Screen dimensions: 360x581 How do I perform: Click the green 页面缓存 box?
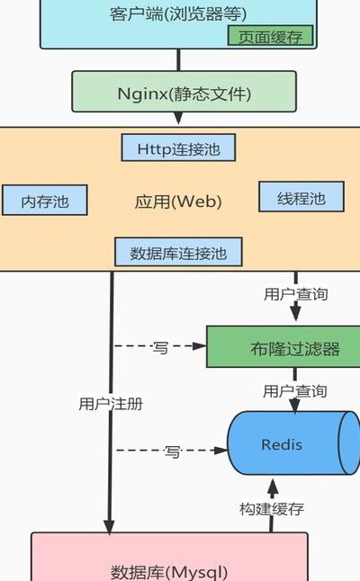pyautogui.click(x=270, y=36)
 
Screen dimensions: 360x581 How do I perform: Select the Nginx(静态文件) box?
pyautogui.click(x=184, y=92)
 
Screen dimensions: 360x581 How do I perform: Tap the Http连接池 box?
pyautogui.click(x=178, y=147)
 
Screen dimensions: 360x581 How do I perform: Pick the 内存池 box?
pyautogui.click(x=45, y=200)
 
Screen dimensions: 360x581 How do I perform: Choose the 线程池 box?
pyautogui.click(x=301, y=197)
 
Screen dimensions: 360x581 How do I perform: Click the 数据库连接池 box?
pyautogui.click(x=178, y=253)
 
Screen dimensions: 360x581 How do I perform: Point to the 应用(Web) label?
pyautogui.click(x=178, y=202)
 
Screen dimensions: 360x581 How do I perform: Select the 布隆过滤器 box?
pyautogui.click(x=283, y=347)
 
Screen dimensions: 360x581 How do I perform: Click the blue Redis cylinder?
pyautogui.click(x=293, y=443)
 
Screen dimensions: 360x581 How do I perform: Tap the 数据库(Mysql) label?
pyautogui.click(x=169, y=571)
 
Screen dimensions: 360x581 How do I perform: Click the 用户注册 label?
pyautogui.click(x=111, y=404)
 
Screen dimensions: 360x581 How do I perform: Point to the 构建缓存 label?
pyautogui.click(x=272, y=509)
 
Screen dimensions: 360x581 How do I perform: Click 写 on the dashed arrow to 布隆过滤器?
pyautogui.click(x=160, y=347)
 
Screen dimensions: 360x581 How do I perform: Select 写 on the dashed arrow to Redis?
pyautogui.click(x=172, y=451)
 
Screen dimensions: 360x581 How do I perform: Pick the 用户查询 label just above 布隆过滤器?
pyautogui.click(x=295, y=294)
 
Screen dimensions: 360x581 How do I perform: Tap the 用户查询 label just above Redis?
pyautogui.click(x=294, y=391)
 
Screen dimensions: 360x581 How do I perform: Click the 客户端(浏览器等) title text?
pyautogui.click(x=178, y=14)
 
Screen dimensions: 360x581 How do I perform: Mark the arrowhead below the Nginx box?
pyautogui.click(x=178, y=118)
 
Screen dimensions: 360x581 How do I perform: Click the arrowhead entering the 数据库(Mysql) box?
pyautogui.click(x=109, y=527)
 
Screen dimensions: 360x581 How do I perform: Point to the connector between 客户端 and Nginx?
pyautogui.click(x=179, y=59)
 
